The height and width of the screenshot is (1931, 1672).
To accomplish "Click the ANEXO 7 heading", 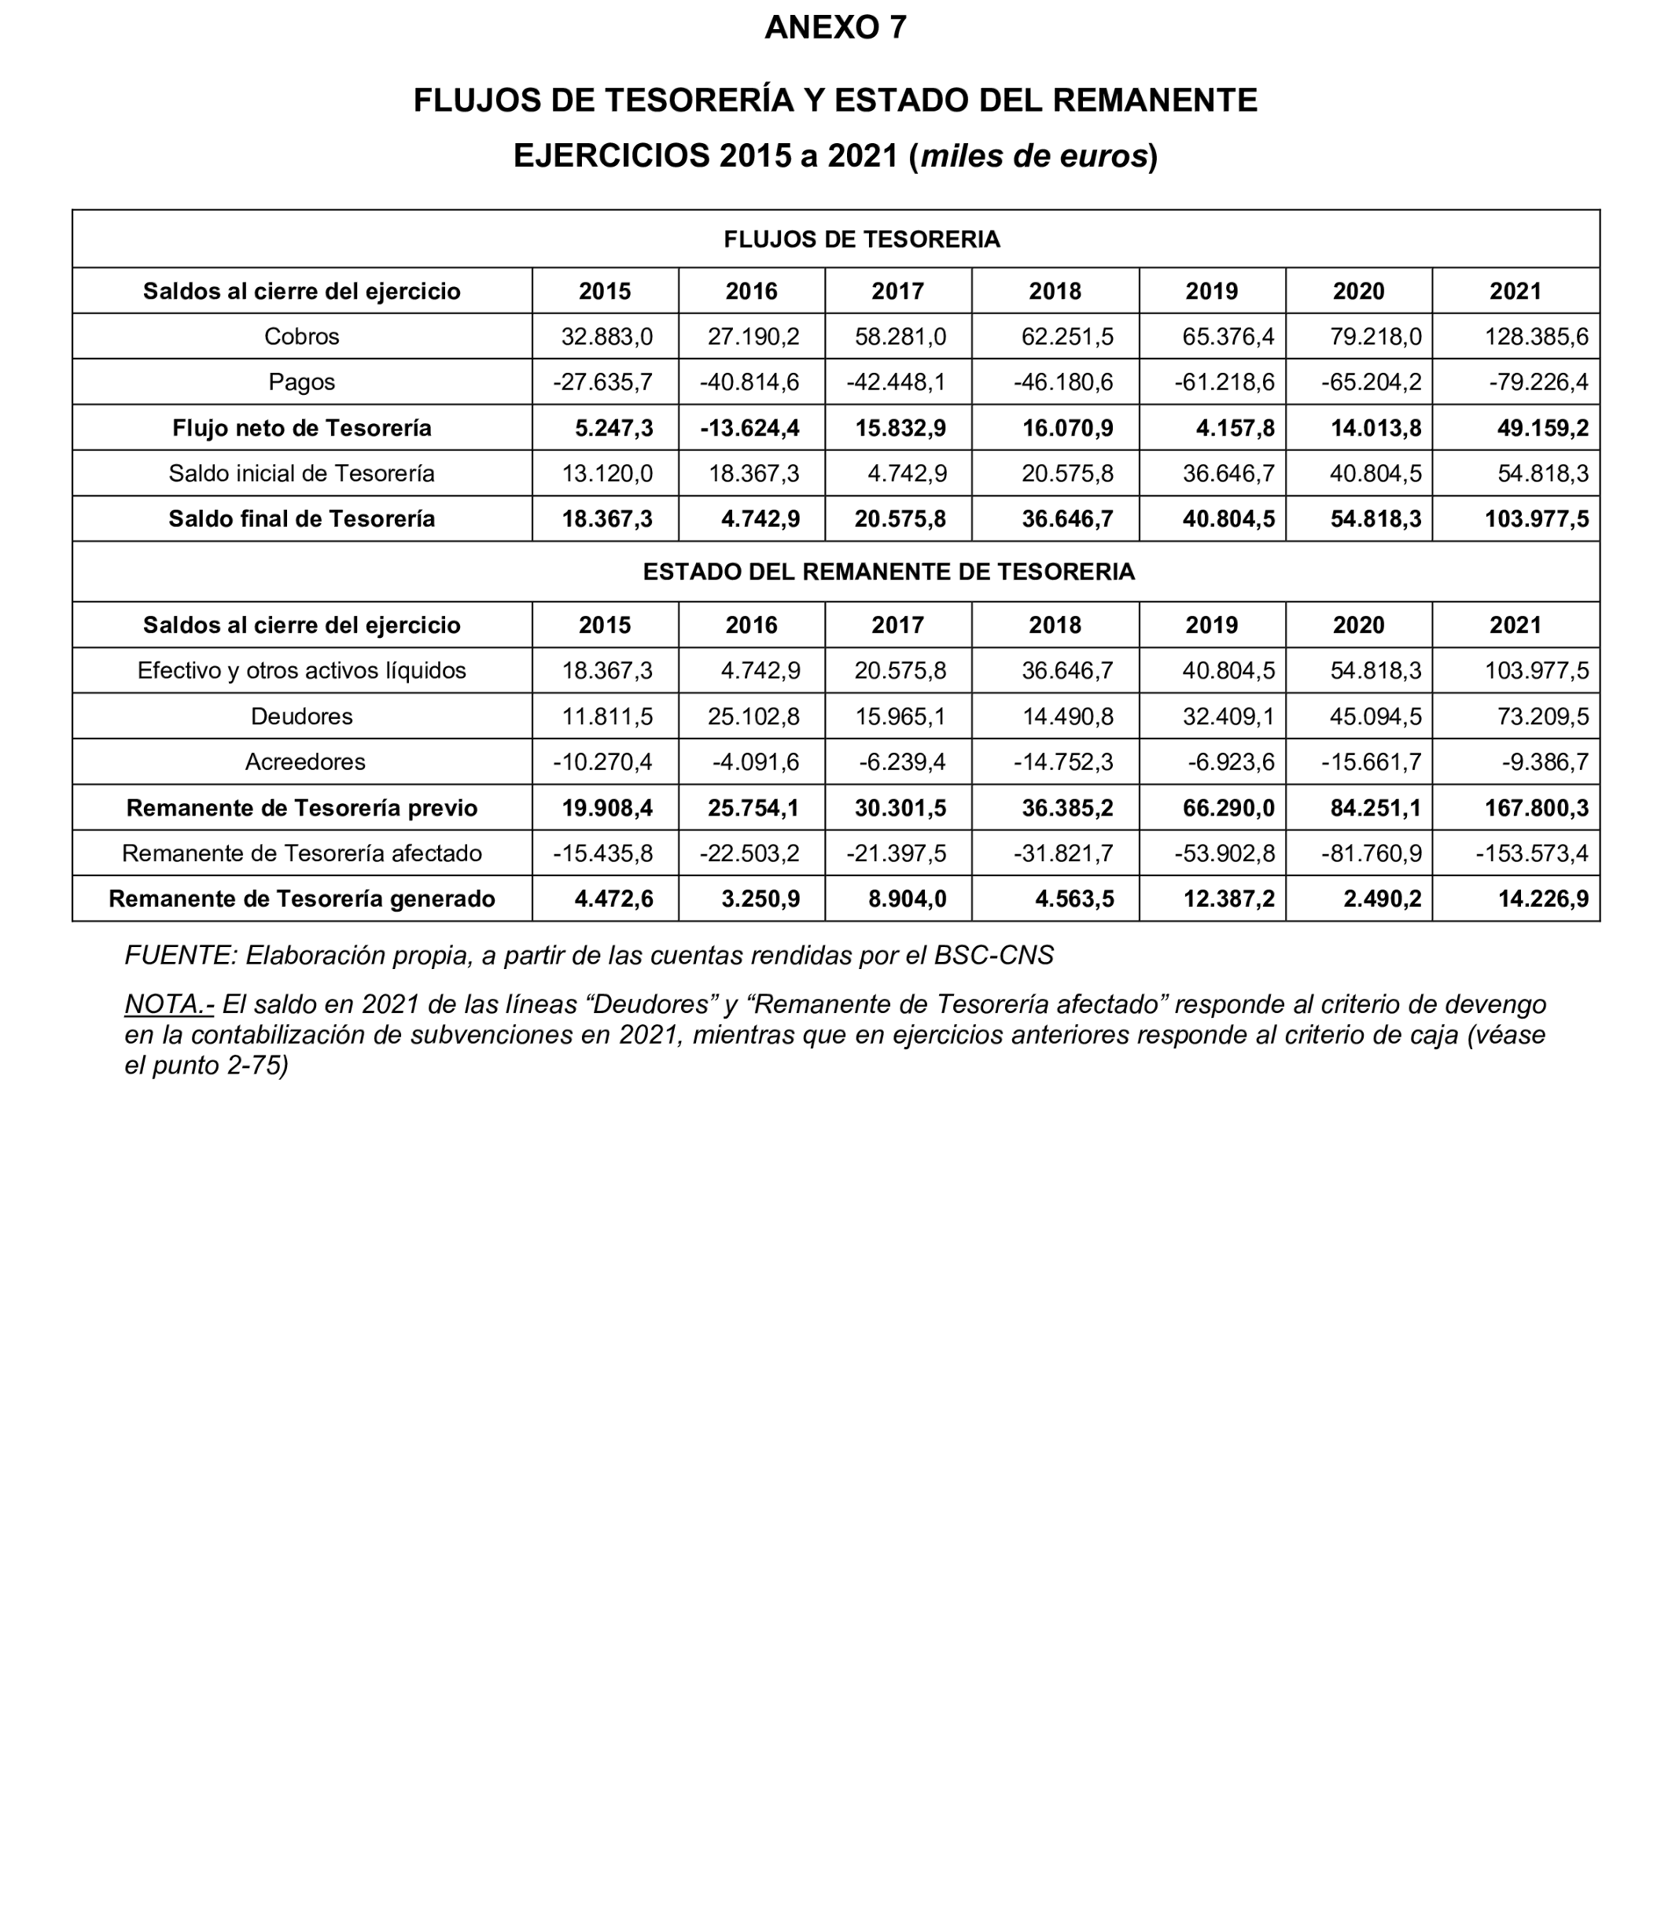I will tap(835, 28).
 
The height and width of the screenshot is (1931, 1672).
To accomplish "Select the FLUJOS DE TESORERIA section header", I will tap(861, 240).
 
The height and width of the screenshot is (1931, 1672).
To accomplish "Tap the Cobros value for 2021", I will tap(1536, 337).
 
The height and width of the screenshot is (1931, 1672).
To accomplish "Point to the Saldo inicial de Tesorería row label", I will tap(301, 474).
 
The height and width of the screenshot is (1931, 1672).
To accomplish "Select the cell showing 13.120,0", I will tap(606, 474).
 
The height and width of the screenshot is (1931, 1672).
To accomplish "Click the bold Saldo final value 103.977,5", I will tap(1536, 519).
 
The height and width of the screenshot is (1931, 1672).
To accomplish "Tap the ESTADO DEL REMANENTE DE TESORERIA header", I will tap(888, 572).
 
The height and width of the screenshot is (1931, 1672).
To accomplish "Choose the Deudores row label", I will tap(301, 717).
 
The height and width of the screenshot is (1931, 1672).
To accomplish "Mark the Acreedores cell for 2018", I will tap(1062, 762).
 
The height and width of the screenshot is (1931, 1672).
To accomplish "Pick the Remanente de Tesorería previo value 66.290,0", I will tap(1228, 809).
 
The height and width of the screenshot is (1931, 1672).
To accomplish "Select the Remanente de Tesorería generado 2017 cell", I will tap(900, 900).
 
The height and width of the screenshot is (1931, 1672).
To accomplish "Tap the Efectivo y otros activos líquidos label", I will tap(301, 671).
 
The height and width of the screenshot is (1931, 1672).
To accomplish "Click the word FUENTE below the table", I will tap(180, 956).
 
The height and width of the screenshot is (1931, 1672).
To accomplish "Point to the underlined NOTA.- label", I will tap(169, 1004).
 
